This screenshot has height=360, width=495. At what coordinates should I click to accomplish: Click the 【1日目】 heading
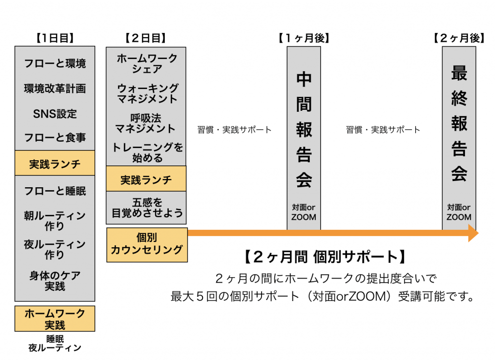(x=55, y=38)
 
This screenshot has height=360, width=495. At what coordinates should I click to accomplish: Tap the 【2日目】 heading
(x=146, y=38)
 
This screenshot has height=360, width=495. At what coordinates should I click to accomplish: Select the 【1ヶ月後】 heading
(x=303, y=38)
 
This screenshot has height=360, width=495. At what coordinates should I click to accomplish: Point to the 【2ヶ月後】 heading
(x=459, y=38)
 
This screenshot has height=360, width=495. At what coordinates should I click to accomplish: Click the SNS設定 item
(x=55, y=114)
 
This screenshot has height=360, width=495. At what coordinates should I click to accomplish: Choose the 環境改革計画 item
(x=55, y=89)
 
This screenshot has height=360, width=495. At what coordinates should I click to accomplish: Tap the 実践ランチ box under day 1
(x=55, y=164)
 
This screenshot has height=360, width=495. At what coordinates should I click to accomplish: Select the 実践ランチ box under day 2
(x=146, y=180)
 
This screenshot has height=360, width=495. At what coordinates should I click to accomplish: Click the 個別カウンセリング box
(x=146, y=244)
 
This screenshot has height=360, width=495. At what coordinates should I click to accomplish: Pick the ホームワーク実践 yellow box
(x=55, y=319)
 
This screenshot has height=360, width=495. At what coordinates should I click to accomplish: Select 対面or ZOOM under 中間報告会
(x=304, y=212)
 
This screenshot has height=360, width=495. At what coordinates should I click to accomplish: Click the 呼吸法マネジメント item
(x=146, y=123)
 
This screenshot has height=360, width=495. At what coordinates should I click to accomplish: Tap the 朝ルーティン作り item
(x=55, y=221)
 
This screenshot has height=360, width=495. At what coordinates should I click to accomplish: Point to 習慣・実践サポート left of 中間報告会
(x=234, y=130)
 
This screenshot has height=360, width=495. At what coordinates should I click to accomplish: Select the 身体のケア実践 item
(x=55, y=281)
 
